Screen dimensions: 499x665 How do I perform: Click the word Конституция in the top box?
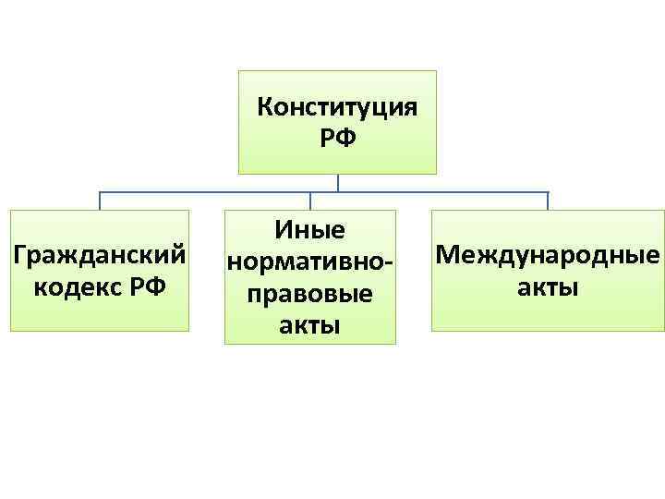[x=337, y=107]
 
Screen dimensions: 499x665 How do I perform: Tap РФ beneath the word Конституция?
[x=337, y=140]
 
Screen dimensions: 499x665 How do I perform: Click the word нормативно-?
[x=310, y=262]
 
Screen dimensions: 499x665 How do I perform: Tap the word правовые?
[x=310, y=294]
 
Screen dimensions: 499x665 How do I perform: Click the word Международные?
[x=549, y=255]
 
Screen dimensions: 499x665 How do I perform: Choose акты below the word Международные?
[x=549, y=287]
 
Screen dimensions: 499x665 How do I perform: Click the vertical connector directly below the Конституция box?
[x=338, y=183]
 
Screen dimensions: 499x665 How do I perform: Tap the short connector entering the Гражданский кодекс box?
[x=101, y=201]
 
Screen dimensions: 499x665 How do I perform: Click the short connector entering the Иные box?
[x=310, y=201]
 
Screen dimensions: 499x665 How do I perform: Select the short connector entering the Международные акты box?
[x=548, y=201]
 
